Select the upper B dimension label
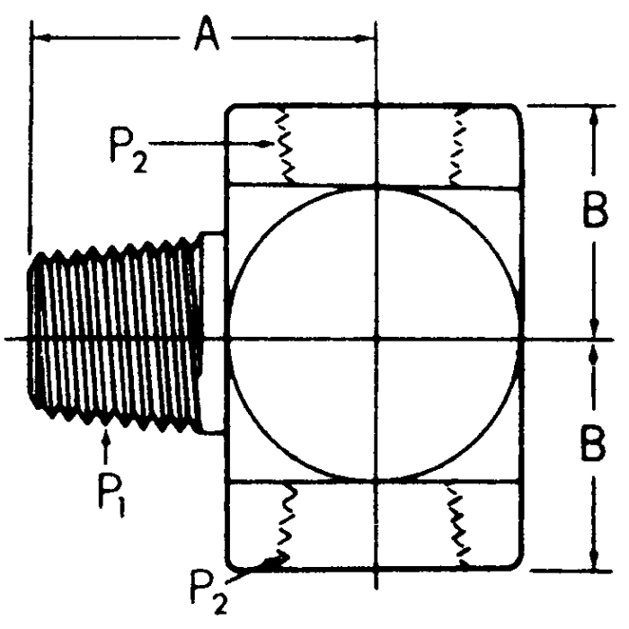pos(592,213)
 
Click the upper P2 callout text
pos(129,146)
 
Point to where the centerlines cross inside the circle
pos(377,339)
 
